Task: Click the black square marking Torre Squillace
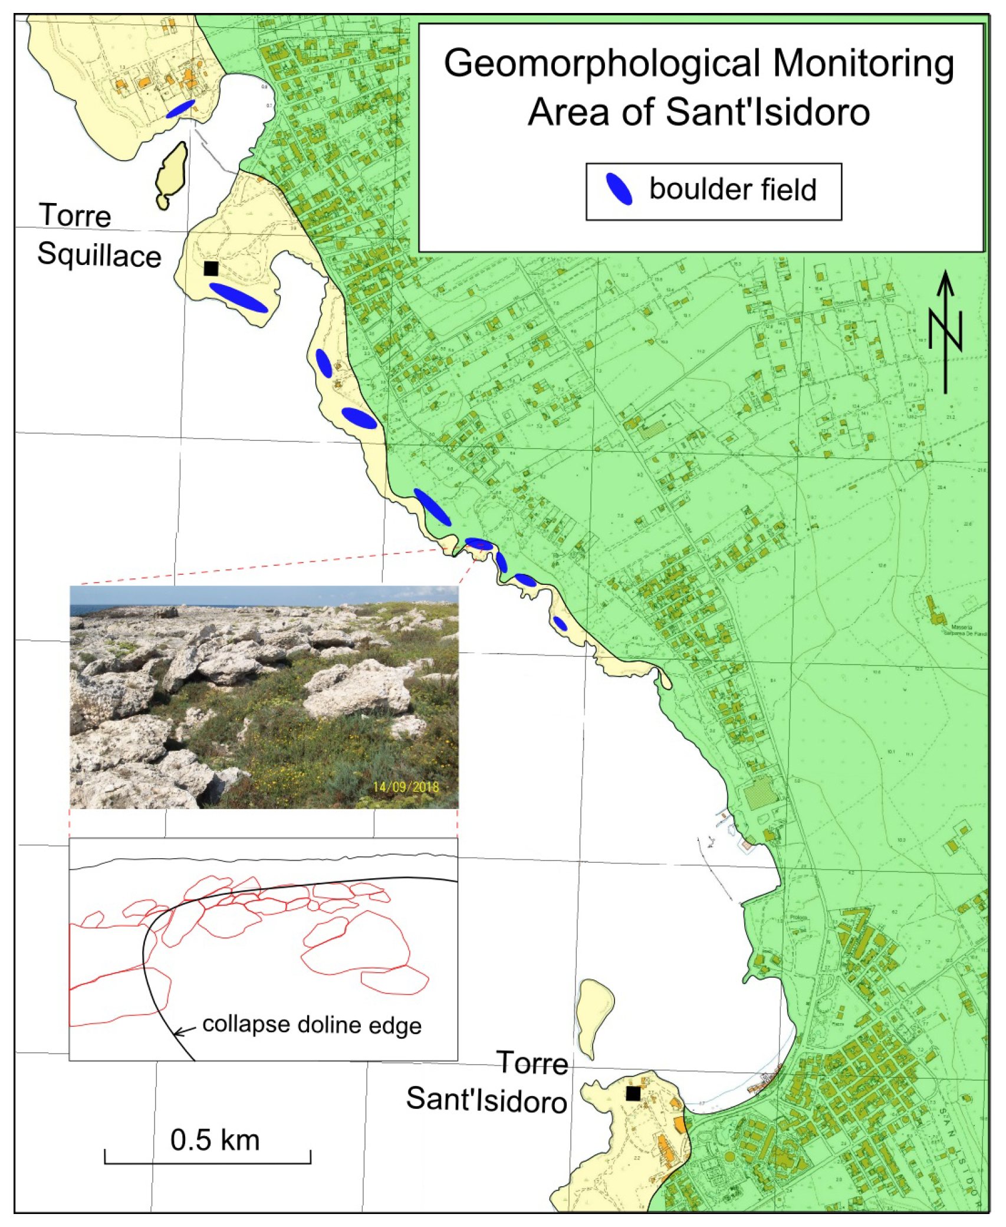point(211,269)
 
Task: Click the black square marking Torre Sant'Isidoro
point(633,1094)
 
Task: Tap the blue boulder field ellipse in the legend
point(619,189)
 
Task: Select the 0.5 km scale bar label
point(215,1140)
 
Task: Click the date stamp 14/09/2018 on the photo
point(406,787)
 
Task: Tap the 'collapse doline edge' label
point(312,1025)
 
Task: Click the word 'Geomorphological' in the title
point(602,63)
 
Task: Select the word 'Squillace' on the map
point(99,255)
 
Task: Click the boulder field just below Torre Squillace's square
point(239,297)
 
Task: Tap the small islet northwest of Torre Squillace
point(171,174)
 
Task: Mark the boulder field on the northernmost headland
point(180,109)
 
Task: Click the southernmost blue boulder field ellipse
point(560,623)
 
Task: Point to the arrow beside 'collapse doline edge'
point(185,1030)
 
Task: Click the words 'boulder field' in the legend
point(732,189)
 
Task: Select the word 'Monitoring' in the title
point(863,63)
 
